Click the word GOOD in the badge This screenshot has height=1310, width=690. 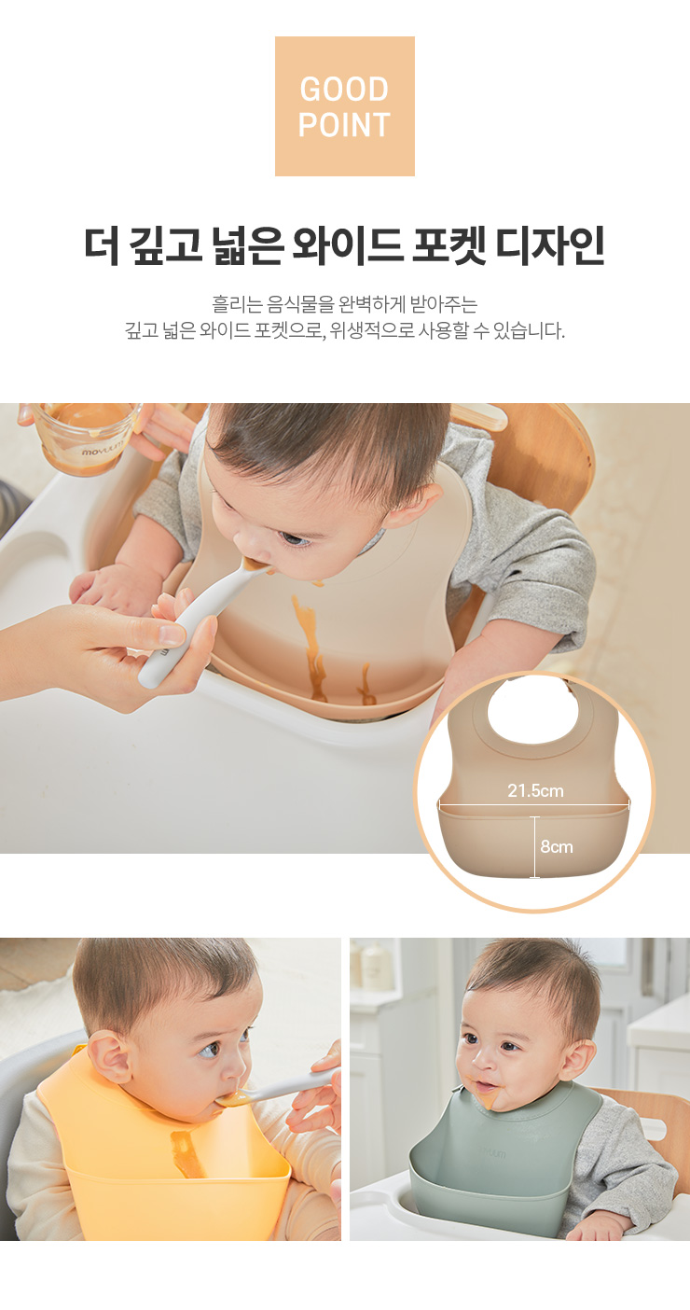coord(344,90)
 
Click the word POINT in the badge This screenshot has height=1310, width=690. coord(344,125)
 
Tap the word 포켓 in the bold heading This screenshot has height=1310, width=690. coord(448,245)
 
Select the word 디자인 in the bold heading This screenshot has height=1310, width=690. coord(551,245)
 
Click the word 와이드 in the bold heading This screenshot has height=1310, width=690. coord(347,245)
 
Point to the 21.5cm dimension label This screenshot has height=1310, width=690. coord(535,790)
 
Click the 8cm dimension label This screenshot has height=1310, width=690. coord(557,846)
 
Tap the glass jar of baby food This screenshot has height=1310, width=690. coord(85,436)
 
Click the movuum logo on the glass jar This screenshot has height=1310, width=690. coord(102,451)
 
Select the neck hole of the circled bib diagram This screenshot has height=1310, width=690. coord(532,710)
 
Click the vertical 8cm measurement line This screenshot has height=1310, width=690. coord(534,847)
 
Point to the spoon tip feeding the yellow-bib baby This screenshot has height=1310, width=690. coord(231,1100)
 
